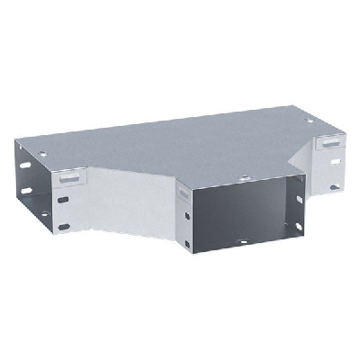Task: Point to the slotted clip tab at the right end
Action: coord(330,142)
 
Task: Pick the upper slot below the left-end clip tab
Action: coord(63,200)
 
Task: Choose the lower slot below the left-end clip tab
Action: coord(64,220)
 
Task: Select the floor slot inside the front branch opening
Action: coord(241,243)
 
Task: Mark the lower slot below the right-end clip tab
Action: coord(334,187)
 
